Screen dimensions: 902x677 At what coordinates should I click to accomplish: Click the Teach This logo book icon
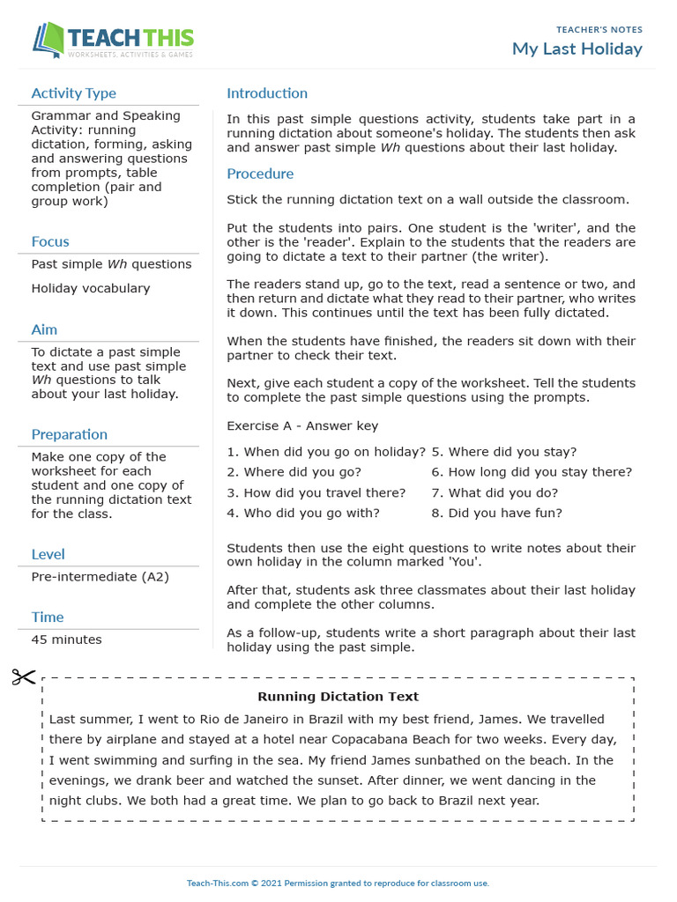click(x=48, y=41)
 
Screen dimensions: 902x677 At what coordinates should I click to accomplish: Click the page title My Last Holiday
click(x=577, y=49)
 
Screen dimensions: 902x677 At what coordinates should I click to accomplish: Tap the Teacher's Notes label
click(x=599, y=30)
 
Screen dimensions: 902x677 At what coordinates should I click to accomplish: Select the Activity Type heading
click(x=73, y=93)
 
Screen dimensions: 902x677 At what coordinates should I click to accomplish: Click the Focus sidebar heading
click(x=50, y=241)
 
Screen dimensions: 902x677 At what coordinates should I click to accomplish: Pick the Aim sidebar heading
click(x=44, y=329)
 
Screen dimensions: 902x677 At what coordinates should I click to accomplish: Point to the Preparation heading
click(x=69, y=434)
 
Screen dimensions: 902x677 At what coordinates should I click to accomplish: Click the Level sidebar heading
click(x=48, y=554)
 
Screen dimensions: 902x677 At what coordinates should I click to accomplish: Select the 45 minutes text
click(x=66, y=640)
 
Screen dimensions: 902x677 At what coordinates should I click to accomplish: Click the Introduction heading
click(x=267, y=93)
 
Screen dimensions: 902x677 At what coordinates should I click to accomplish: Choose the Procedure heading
click(x=260, y=174)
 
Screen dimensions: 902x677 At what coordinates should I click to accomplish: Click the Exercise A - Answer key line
click(x=302, y=426)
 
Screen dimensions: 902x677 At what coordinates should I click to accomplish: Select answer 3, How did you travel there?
click(x=316, y=493)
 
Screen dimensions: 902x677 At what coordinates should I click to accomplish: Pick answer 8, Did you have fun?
click(x=496, y=514)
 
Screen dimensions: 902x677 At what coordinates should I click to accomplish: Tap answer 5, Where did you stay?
click(x=503, y=452)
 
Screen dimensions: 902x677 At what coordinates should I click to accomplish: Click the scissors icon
click(x=24, y=676)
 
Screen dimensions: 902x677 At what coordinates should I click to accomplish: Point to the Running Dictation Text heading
click(x=338, y=698)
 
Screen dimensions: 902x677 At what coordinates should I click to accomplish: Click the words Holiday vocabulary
click(x=91, y=288)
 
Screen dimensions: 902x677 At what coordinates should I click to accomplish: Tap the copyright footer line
click(x=338, y=883)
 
